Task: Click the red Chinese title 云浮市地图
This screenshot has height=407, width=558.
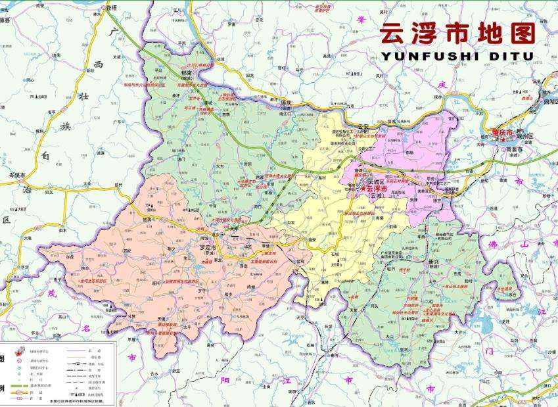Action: pyautogui.click(x=457, y=32)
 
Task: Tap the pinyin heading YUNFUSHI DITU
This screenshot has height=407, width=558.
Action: pyautogui.click(x=457, y=57)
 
